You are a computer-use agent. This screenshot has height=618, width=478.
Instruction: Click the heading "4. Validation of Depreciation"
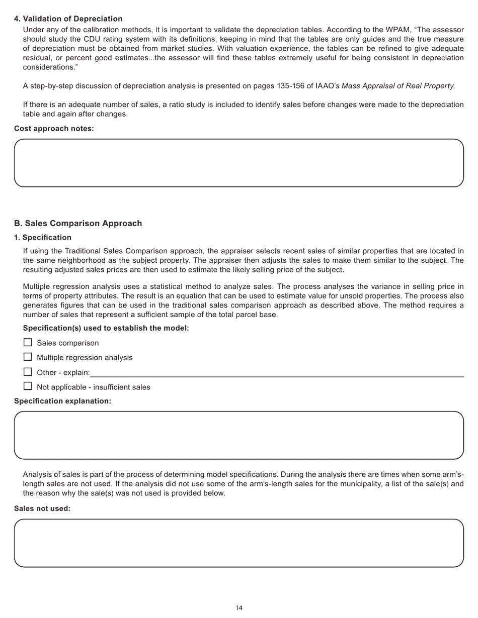click(x=68, y=19)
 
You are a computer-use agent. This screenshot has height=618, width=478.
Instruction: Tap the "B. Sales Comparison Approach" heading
click(x=78, y=224)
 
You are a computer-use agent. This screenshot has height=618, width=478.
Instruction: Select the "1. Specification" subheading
click(x=43, y=238)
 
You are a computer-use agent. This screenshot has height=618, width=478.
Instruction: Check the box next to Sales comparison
click(x=28, y=343)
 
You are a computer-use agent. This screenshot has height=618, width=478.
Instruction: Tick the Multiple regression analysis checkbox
click(x=28, y=357)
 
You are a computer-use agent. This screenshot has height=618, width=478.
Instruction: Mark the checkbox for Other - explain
click(x=28, y=372)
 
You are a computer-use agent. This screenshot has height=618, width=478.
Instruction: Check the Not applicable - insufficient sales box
click(x=28, y=386)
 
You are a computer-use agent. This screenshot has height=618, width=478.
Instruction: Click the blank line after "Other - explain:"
click(x=277, y=373)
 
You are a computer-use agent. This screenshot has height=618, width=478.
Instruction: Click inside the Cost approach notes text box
click(x=238, y=163)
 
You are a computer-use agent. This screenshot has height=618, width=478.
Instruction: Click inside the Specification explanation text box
click(x=238, y=435)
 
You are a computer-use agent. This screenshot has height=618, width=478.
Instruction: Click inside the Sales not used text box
click(x=238, y=543)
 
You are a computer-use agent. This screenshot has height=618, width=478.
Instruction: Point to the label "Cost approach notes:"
click(x=54, y=129)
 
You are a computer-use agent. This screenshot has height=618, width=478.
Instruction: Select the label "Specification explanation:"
click(x=62, y=401)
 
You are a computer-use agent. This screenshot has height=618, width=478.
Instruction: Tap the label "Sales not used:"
click(x=42, y=508)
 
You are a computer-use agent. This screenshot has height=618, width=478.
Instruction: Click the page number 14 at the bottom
click(x=239, y=608)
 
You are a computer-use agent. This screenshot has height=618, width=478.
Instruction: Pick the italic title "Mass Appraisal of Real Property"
click(x=397, y=86)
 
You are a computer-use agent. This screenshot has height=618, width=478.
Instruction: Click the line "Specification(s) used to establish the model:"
click(x=106, y=328)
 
